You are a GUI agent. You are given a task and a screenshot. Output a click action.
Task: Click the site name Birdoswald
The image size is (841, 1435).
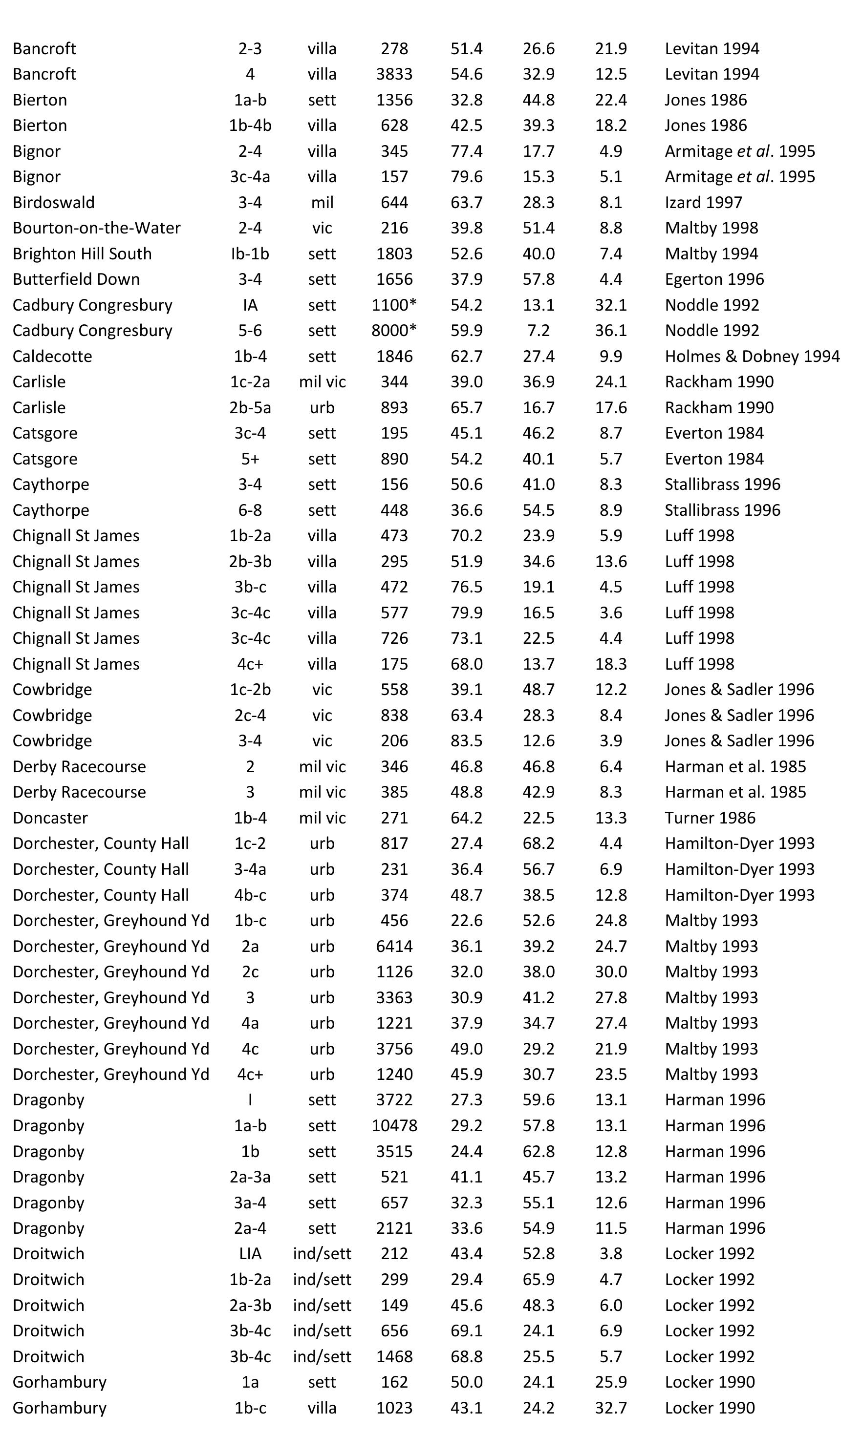(54, 202)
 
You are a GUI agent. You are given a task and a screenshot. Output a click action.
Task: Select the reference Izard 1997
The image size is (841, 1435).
(703, 202)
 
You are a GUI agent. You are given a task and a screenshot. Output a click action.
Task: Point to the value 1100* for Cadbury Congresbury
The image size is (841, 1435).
(394, 305)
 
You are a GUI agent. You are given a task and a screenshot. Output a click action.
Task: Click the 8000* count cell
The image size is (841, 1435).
(394, 330)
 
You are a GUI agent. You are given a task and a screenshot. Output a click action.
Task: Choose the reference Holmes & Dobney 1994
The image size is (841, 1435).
(752, 356)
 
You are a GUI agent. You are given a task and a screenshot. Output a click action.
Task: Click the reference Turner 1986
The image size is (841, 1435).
(710, 818)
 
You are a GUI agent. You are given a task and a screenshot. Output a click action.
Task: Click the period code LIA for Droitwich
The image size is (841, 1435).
(250, 1253)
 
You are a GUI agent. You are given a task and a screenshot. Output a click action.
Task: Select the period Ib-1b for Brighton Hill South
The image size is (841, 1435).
(250, 253)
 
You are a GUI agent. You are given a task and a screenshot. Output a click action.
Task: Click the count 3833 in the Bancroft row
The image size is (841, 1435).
(394, 74)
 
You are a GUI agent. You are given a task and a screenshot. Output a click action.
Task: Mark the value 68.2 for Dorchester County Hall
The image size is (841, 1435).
(539, 844)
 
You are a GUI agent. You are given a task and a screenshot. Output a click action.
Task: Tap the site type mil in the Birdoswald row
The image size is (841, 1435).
(322, 202)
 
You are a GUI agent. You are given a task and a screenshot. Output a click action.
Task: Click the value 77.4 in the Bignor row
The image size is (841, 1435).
(466, 151)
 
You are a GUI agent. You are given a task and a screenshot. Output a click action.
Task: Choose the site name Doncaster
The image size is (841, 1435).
(50, 818)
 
